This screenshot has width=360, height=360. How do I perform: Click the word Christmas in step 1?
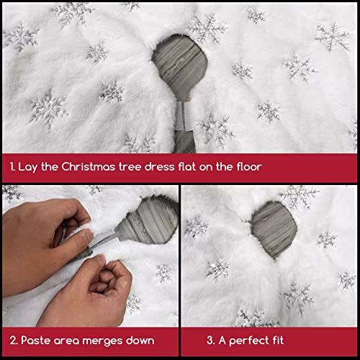click(88, 167)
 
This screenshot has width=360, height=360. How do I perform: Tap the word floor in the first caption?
click(249, 167)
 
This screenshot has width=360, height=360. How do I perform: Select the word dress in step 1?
click(159, 167)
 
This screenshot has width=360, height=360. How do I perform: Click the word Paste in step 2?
click(35, 341)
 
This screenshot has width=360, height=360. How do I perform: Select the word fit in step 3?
click(279, 340)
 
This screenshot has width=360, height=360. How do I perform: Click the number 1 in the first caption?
click(12, 167)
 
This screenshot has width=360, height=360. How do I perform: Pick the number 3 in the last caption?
click(210, 341)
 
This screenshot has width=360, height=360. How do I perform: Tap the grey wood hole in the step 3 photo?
click(274, 230)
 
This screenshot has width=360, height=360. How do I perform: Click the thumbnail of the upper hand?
click(89, 235)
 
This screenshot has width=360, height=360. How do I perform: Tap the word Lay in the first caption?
click(27, 167)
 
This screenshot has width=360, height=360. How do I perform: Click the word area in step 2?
click(66, 341)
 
